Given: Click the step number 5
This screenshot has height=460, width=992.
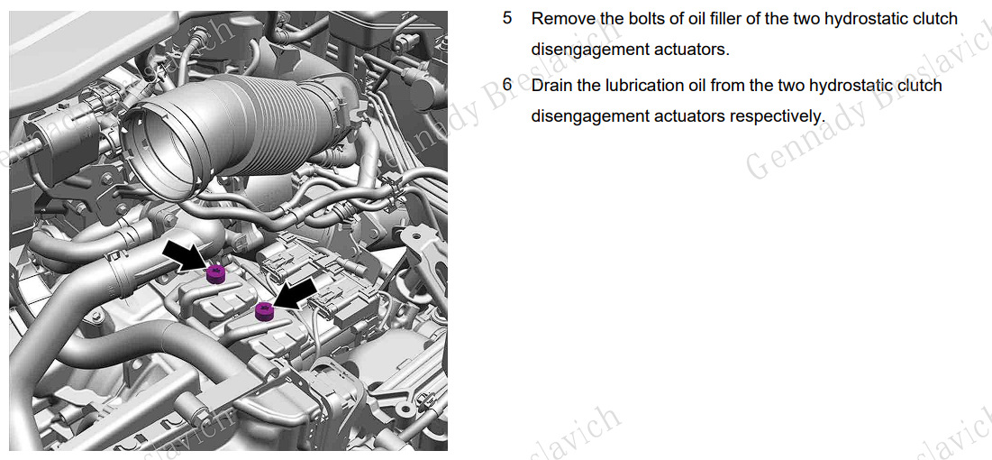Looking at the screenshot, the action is tap(507, 18).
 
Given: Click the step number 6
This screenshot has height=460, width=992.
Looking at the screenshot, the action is tap(507, 85).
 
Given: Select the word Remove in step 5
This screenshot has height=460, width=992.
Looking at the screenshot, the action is tap(560, 18).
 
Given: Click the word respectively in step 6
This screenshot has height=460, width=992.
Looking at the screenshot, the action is tap(777, 115).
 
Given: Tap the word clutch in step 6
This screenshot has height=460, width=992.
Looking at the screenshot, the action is tap(919, 85).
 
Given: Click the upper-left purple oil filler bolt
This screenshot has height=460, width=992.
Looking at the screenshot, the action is tap(215, 272).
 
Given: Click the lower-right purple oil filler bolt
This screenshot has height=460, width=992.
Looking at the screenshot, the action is tap(264, 311).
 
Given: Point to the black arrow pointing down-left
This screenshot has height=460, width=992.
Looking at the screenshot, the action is tap(296, 292).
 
